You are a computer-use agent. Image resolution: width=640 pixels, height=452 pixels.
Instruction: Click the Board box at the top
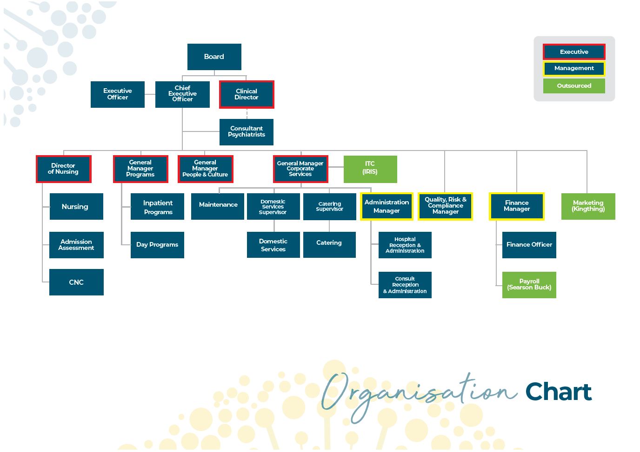tap(214, 57)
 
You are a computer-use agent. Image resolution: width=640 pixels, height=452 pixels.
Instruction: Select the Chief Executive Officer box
tap(183, 94)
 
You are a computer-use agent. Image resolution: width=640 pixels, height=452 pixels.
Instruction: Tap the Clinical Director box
tap(247, 94)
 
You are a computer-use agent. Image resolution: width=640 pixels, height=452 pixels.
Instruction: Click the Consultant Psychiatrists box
tap(247, 132)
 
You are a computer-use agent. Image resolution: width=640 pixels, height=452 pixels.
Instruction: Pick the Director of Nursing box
tap(63, 169)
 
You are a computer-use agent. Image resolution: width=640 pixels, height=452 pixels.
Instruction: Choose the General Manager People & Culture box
tap(206, 169)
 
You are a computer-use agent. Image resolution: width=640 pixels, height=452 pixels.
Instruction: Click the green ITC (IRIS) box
tap(370, 169)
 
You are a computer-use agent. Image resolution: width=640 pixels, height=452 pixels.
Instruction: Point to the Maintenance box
tap(218, 206)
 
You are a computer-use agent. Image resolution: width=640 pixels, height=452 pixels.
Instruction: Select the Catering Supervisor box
tap(330, 207)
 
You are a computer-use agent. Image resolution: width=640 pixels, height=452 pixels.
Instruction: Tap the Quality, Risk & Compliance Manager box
tap(446, 206)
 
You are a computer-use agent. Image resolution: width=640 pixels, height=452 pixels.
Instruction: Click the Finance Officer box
tap(529, 245)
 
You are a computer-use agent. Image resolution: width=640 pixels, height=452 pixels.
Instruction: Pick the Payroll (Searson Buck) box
tap(529, 285)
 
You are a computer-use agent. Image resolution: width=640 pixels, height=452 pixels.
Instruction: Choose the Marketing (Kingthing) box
tap(588, 206)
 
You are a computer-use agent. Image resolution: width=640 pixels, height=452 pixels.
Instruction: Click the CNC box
tap(77, 282)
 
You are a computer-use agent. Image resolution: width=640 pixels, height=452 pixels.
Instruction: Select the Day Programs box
tap(157, 245)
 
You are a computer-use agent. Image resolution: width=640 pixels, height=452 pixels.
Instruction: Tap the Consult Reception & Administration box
tap(405, 285)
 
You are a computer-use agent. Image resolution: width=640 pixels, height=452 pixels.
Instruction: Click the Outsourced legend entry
tap(574, 86)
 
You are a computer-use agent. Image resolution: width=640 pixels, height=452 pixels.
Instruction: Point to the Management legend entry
tap(574, 68)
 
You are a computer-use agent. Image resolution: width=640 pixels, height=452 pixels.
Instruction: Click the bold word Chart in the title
tap(559, 392)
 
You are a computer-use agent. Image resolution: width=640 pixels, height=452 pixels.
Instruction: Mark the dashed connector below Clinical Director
tap(247, 114)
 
